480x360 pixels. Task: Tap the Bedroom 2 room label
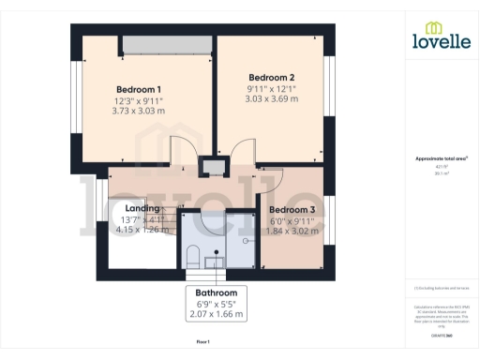(272, 77)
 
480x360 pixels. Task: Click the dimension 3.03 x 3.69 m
(272, 98)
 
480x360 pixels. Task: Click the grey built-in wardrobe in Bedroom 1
(168, 44)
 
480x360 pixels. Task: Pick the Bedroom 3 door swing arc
(269, 180)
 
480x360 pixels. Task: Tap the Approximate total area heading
(441, 159)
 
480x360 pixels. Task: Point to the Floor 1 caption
(202, 343)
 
